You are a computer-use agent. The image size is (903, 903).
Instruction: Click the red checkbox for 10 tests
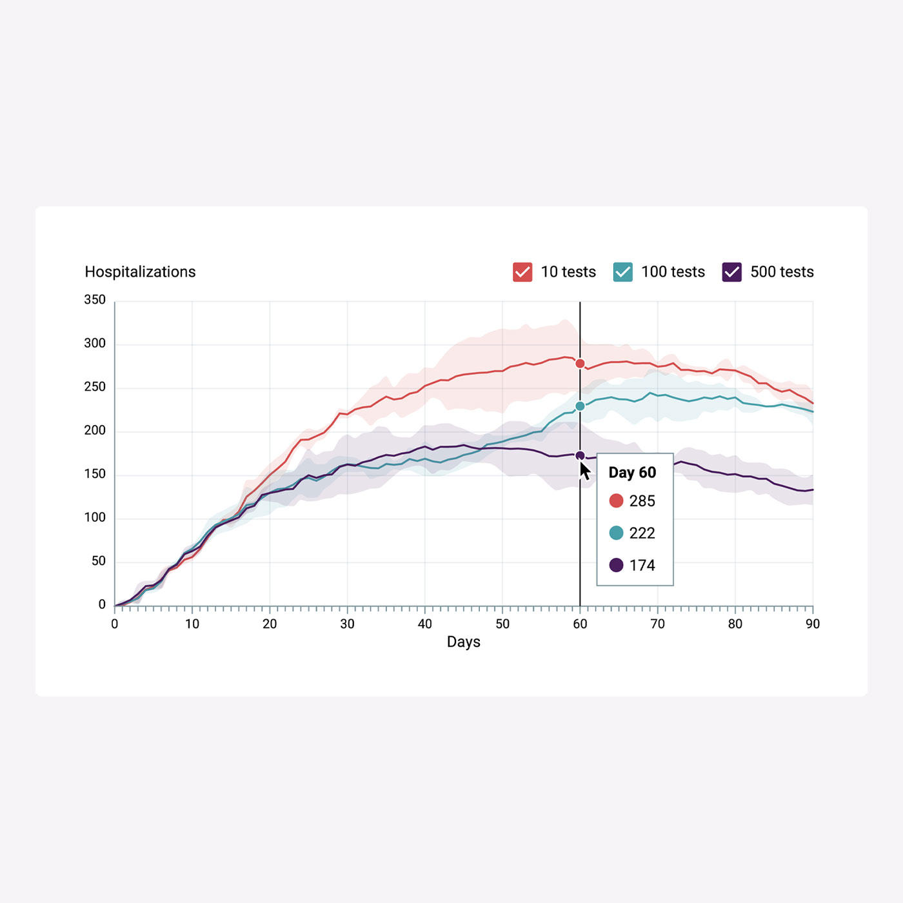coord(522,272)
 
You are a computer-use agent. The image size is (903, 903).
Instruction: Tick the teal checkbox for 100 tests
coord(622,272)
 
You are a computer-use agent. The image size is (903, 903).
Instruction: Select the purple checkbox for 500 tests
coord(731,272)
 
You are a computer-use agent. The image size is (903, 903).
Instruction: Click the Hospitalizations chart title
coord(140,272)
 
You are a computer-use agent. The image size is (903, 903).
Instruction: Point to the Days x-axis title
coord(463,642)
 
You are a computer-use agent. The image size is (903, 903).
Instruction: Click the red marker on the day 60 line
coord(580,364)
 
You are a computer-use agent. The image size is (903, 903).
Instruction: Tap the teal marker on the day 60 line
coord(580,406)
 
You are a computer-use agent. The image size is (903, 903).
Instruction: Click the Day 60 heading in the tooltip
coord(632,473)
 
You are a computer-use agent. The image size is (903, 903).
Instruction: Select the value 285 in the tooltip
coord(642,501)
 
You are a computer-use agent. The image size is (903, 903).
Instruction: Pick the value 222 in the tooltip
coord(642,533)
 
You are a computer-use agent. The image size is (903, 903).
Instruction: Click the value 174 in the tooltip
coord(642,566)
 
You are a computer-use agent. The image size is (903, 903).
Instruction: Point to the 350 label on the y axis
coord(95,300)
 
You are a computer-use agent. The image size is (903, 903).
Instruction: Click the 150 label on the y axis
coord(95,474)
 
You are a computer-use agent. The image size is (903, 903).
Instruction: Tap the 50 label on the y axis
coord(99,561)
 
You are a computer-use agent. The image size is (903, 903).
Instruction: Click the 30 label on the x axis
coord(347,624)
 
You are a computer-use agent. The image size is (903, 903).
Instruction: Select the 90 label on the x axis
coord(813,624)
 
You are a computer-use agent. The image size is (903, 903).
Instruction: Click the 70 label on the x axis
coord(657,624)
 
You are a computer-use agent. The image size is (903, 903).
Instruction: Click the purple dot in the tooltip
coord(616,565)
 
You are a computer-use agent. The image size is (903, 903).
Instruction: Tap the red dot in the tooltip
coord(616,501)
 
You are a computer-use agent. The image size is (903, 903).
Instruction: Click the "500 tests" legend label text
coord(782,272)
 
